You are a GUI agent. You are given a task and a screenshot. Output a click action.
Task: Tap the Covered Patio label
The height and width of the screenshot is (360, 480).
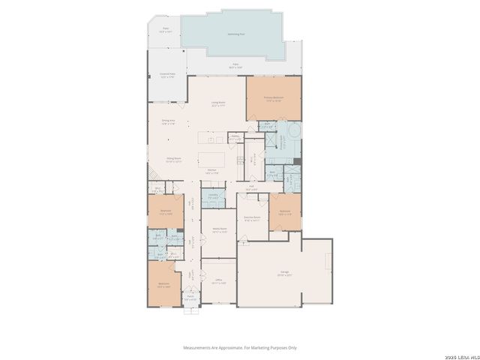(x=167, y=75)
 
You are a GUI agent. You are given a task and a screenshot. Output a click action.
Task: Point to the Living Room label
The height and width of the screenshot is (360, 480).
(x=219, y=104)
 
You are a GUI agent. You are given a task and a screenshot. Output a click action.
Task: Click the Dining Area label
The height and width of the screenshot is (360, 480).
(x=168, y=121)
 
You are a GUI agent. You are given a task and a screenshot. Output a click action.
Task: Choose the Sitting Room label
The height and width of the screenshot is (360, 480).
(x=174, y=160)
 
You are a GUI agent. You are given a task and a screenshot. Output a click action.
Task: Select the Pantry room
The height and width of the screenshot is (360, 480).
(x=234, y=138)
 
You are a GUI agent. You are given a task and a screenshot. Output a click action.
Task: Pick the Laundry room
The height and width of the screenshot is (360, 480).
(x=213, y=196)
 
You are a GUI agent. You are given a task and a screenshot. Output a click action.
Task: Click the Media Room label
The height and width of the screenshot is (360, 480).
(x=219, y=231)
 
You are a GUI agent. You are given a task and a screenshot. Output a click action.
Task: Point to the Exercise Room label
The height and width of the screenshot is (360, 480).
(x=252, y=219)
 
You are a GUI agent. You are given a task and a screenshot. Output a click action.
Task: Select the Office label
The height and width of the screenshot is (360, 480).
(x=218, y=283)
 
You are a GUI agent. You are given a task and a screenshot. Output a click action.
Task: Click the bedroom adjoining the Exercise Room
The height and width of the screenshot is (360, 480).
(x=285, y=212)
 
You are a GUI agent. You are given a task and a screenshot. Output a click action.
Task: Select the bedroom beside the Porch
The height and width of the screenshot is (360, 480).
(x=163, y=284)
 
